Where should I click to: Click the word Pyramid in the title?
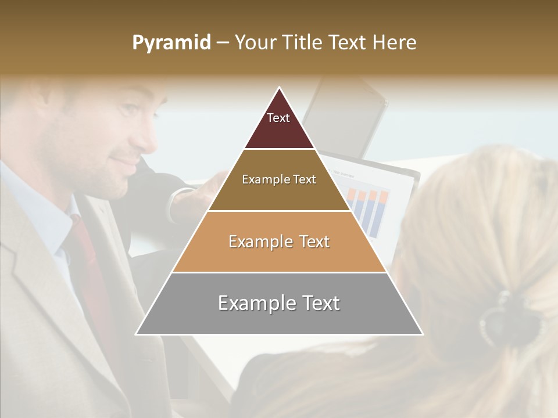[171, 43]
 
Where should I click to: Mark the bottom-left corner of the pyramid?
[137, 334]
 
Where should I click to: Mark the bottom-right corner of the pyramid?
[422, 334]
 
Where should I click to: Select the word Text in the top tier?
[278, 118]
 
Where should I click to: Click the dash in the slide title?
[222, 43]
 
